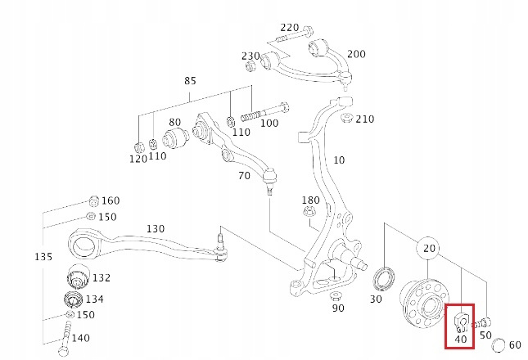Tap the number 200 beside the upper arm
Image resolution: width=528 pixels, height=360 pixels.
coord(356,54)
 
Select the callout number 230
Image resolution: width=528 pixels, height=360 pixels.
coord(250,56)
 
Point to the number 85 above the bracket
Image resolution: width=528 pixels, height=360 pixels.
coord(190,82)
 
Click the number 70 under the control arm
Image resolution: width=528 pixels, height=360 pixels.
coord(244,176)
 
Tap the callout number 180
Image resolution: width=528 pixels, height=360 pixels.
coord(310,200)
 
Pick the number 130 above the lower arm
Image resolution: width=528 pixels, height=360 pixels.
coord(155,228)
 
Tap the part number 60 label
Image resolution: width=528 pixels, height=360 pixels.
coord(515,344)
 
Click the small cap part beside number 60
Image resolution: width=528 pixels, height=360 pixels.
coord(495,343)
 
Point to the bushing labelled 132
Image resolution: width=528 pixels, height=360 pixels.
coord(77,276)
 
